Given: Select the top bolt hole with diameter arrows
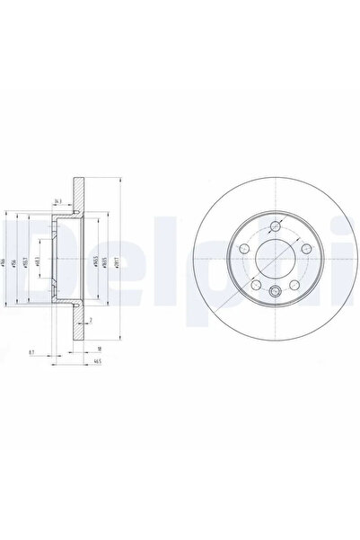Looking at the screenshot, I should (x=274, y=227).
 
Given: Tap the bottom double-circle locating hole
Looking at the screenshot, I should (x=274, y=290).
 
